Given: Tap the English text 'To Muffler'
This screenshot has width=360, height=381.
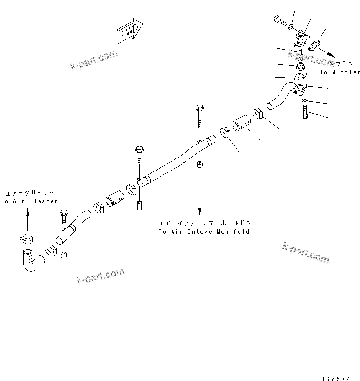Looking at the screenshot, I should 340,72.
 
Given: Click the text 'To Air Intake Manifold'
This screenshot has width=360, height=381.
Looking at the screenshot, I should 204,232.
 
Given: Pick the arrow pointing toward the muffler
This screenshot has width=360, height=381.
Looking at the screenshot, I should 332,54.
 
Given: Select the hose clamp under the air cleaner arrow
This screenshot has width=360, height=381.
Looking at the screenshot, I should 27,237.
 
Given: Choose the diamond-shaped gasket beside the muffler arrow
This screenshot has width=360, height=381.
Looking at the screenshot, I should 315,46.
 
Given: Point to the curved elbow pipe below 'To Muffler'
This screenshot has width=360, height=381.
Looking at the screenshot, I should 282,96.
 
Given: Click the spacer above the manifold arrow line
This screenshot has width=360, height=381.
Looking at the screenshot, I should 200,166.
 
